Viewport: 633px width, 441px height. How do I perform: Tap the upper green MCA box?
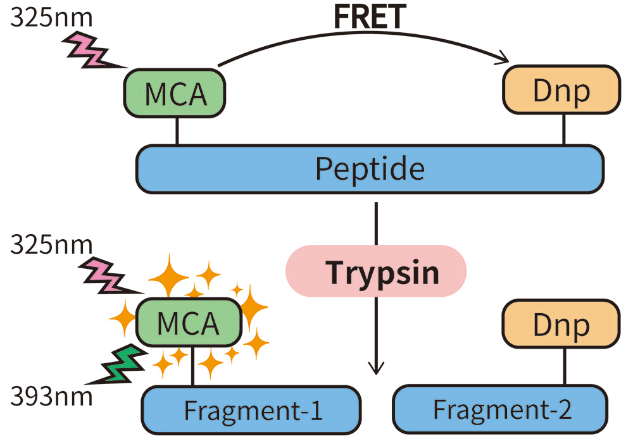click(x=175, y=93)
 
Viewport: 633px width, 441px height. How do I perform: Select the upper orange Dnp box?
click(x=561, y=90)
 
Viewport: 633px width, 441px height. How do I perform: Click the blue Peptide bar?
click(x=370, y=169)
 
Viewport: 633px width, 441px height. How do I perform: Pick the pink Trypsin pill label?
click(x=377, y=271)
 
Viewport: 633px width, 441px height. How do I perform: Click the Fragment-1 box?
click(x=251, y=409)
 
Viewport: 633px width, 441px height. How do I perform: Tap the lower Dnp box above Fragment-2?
click(x=561, y=324)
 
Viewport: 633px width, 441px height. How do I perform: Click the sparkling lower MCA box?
click(x=188, y=323)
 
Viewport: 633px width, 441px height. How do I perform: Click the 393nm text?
click(x=51, y=397)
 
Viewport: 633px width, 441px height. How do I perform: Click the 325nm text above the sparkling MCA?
click(x=51, y=244)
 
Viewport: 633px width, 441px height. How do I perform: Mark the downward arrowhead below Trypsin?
click(x=377, y=368)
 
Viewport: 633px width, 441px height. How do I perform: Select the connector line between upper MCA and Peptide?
click(x=177, y=131)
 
